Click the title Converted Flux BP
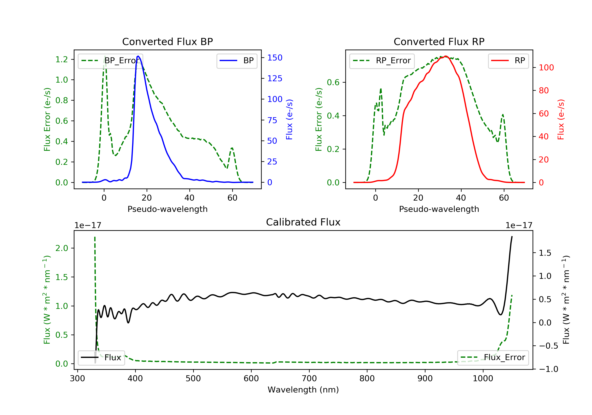(x=167, y=41)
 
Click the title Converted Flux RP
(x=439, y=41)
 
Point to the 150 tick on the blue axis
(x=275, y=58)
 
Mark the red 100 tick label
(x=546, y=68)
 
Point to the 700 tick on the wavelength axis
(x=309, y=379)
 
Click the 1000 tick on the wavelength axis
(x=483, y=379)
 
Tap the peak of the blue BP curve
(x=138, y=56)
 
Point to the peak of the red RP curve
(x=446, y=56)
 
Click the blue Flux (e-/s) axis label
(x=289, y=119)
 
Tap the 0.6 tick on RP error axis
(x=333, y=82)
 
